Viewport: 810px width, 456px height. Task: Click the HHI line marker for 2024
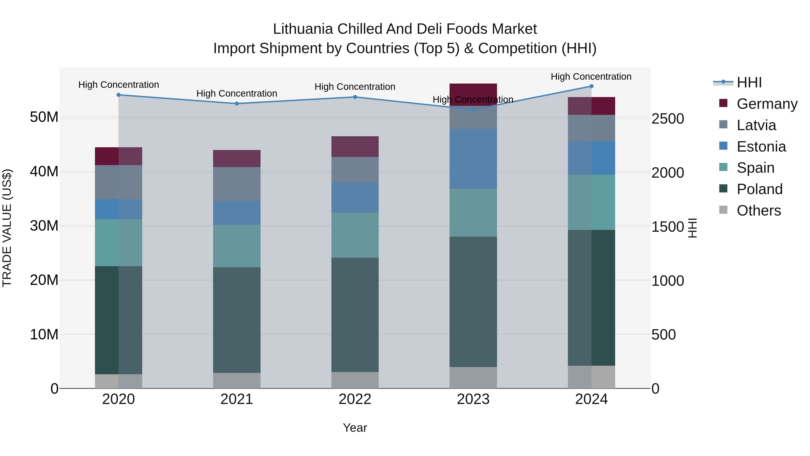click(x=591, y=86)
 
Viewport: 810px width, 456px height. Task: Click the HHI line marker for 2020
click(x=119, y=95)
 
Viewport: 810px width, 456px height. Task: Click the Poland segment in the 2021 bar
click(x=237, y=320)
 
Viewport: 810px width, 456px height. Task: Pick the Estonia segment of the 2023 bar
click(x=473, y=159)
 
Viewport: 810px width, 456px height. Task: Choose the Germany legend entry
click(x=767, y=104)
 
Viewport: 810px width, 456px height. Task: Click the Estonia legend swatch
click(x=723, y=146)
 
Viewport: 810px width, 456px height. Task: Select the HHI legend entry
click(x=749, y=82)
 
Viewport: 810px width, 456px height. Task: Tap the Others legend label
click(x=758, y=211)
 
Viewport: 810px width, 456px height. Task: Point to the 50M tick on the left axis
click(x=44, y=117)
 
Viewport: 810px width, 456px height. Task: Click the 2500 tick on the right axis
click(x=667, y=119)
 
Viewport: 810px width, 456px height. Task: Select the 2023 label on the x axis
click(x=473, y=399)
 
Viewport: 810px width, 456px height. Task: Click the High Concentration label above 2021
click(x=237, y=93)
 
